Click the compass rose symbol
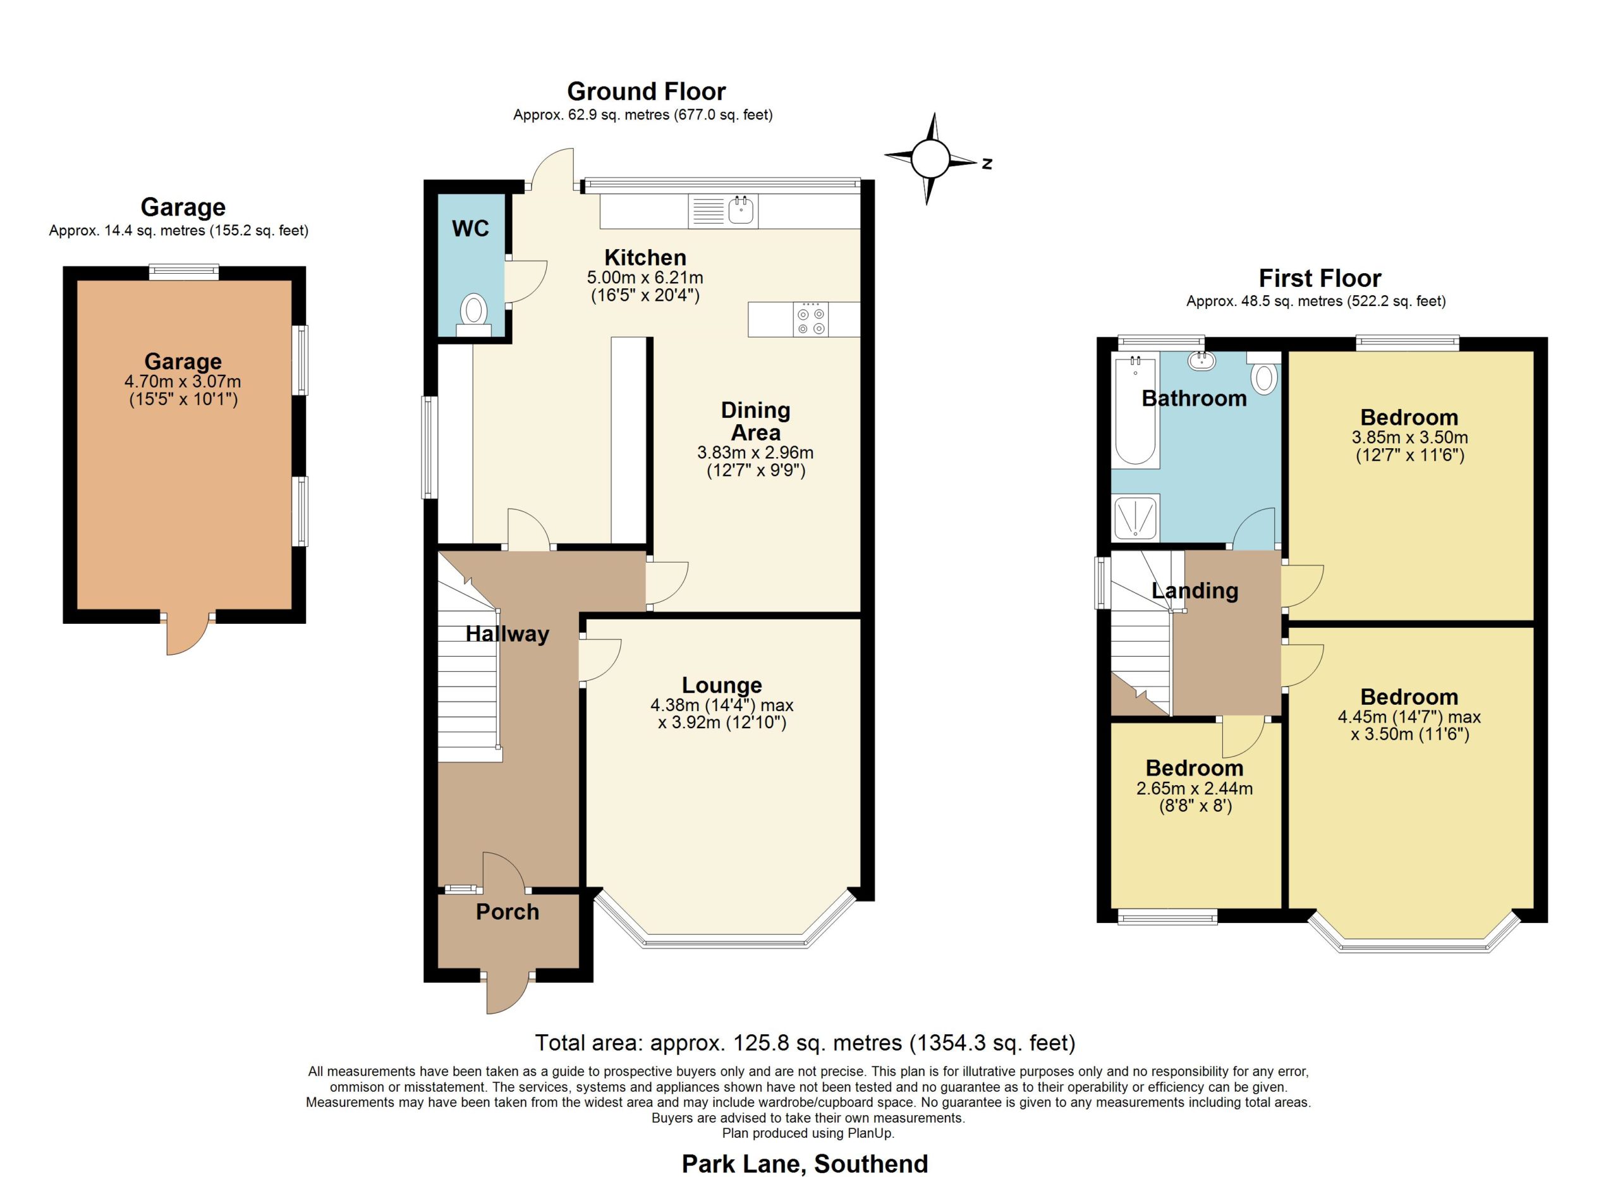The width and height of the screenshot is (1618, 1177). tap(930, 159)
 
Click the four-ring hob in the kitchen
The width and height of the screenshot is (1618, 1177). tap(811, 320)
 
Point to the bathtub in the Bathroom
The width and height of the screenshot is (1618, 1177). tap(1135, 412)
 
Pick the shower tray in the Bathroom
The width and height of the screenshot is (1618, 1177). tap(1135, 517)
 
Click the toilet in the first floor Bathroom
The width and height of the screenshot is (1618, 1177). tap(1263, 372)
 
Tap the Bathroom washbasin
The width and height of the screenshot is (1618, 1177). tap(1202, 360)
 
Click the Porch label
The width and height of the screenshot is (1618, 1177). tap(508, 912)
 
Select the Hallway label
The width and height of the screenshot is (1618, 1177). tap(508, 634)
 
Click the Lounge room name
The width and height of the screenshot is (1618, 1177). tap(722, 685)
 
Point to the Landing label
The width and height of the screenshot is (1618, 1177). tap(1195, 590)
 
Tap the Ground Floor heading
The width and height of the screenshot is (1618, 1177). tap(647, 91)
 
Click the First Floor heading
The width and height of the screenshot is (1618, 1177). tap(1320, 277)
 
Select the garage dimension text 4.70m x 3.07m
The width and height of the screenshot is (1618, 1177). tap(183, 382)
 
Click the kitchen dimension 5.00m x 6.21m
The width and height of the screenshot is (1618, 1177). tap(645, 277)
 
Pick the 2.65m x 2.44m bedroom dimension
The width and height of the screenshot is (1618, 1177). tap(1195, 788)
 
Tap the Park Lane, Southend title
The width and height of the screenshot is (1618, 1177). tap(805, 1164)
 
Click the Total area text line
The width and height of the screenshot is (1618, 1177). tap(805, 1043)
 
